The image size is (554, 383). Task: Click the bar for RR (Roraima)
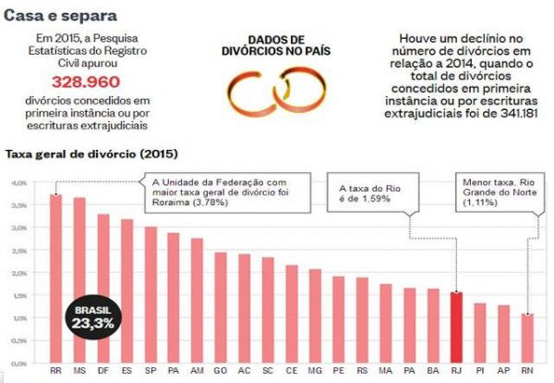tap(55, 278)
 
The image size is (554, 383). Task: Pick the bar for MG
tap(314, 315)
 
